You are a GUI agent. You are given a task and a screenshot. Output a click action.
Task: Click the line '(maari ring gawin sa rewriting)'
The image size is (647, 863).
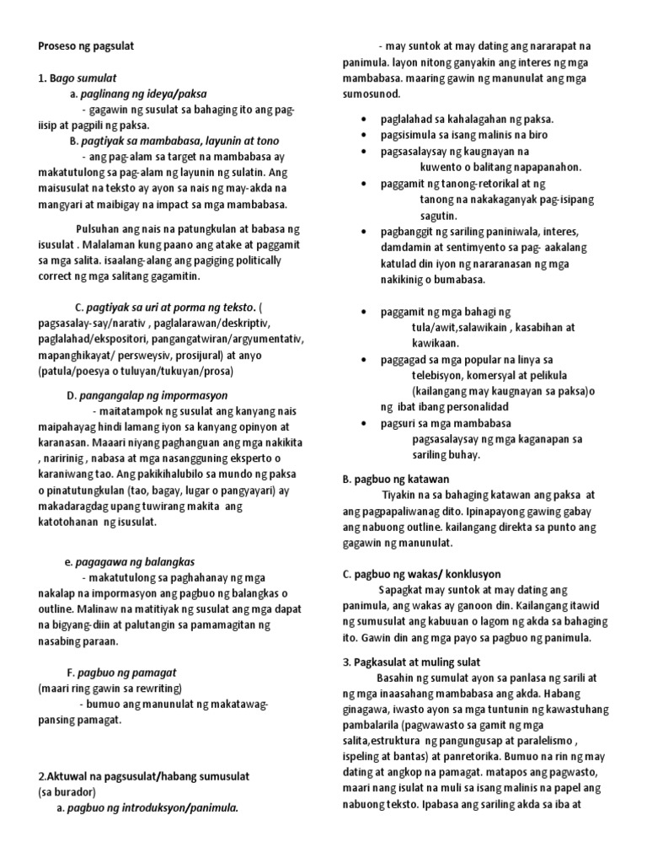pos(110,688)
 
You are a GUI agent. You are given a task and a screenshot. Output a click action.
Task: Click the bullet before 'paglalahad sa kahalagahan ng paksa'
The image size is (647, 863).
pos(362,120)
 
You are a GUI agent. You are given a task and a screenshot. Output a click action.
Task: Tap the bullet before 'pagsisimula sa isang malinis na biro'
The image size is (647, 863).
pos(362,135)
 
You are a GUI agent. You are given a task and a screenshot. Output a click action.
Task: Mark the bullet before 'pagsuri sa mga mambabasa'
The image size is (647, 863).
pos(362,423)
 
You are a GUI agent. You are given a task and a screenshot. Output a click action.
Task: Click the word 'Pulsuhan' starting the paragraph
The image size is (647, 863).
pos(99,229)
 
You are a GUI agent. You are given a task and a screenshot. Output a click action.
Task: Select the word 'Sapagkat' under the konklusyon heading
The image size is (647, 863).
pos(403,589)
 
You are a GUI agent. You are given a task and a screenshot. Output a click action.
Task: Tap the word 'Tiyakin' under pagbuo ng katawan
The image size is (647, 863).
pos(400,495)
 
